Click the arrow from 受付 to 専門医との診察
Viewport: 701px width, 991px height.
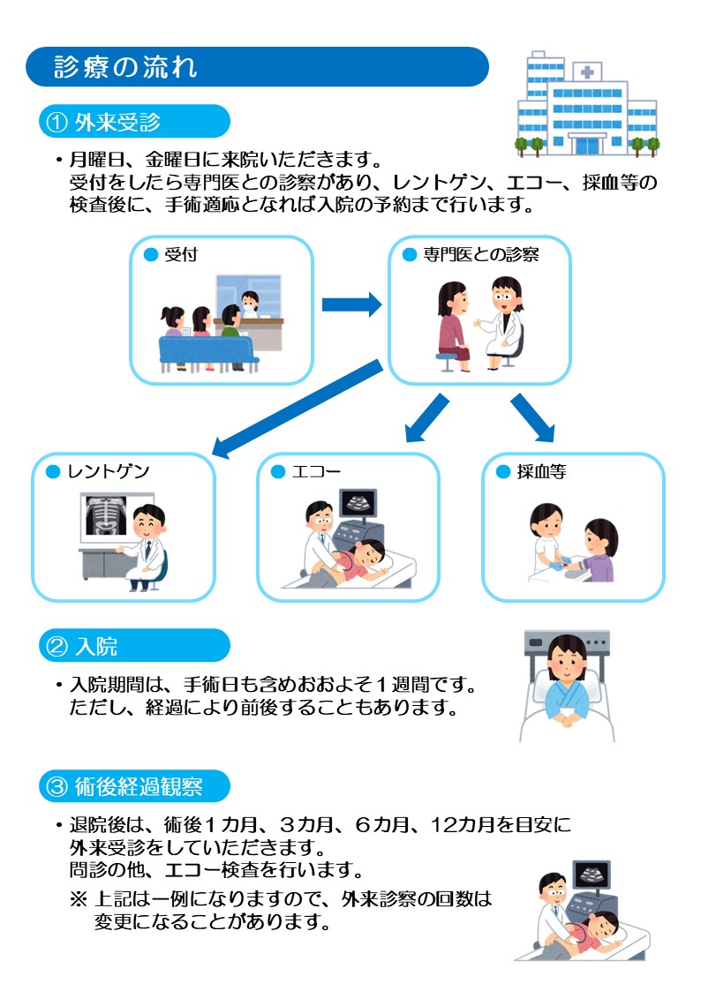[350, 305]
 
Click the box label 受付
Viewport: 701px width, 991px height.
[180, 255]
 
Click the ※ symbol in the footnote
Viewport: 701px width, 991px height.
[78, 901]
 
